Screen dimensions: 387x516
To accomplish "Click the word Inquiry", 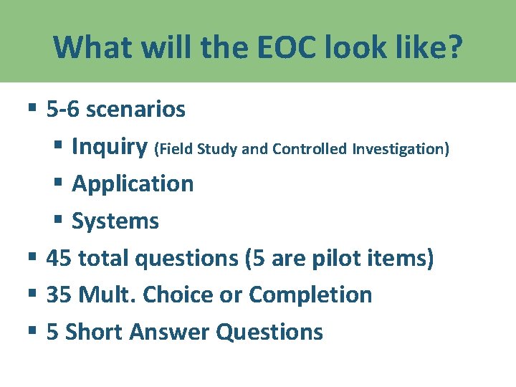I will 110,146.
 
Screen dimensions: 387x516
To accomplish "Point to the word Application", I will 133,183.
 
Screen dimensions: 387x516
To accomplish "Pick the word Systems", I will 115,221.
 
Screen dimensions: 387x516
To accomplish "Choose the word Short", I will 91,332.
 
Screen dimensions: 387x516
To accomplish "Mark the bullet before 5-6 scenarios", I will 32,109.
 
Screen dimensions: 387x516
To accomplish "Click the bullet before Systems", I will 58,220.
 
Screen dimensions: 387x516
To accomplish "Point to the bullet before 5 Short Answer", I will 32,331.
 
